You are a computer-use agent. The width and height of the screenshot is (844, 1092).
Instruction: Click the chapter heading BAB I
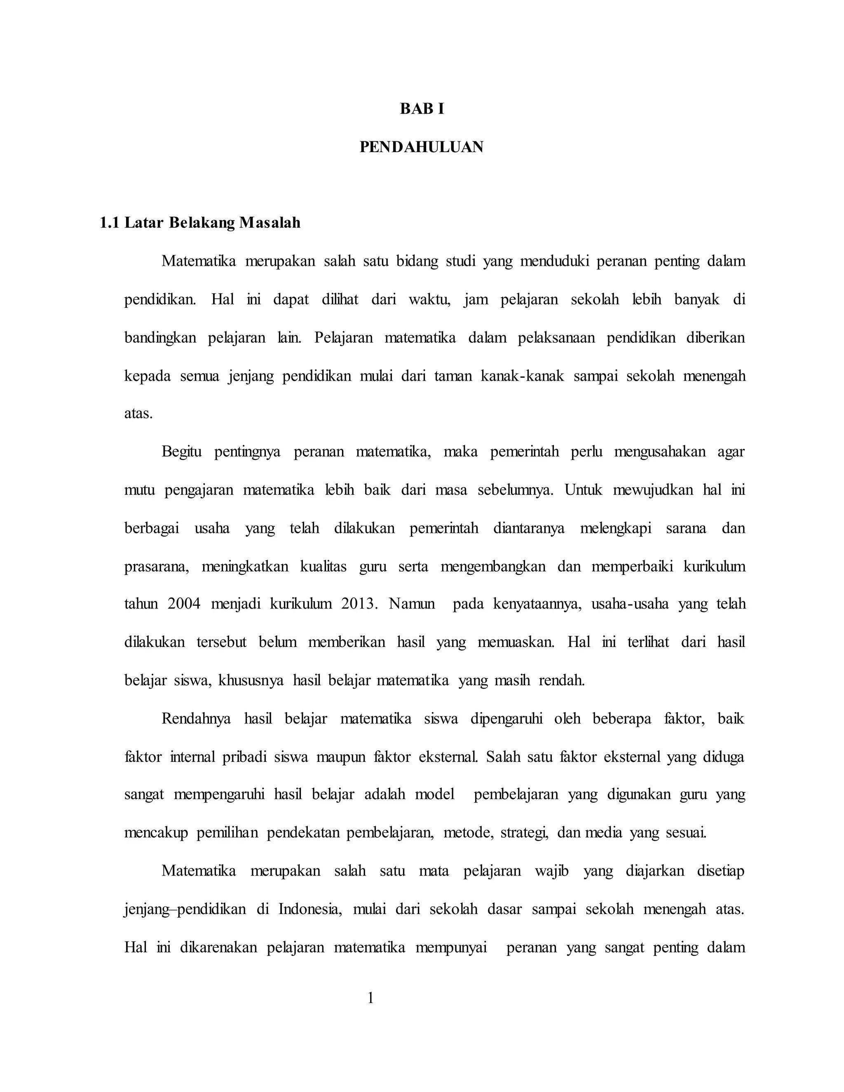click(422, 109)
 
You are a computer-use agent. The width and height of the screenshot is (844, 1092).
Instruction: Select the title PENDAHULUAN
click(422, 147)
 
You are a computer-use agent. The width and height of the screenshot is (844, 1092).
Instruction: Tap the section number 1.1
click(110, 223)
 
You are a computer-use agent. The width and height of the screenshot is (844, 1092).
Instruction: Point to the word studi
click(460, 261)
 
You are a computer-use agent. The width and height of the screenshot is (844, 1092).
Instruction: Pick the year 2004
click(183, 604)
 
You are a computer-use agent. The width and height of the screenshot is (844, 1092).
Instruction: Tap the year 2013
click(358, 604)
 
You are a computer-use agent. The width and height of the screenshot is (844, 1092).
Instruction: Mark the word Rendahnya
click(196, 719)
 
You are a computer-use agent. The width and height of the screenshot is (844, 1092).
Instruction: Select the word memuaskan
click(516, 642)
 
